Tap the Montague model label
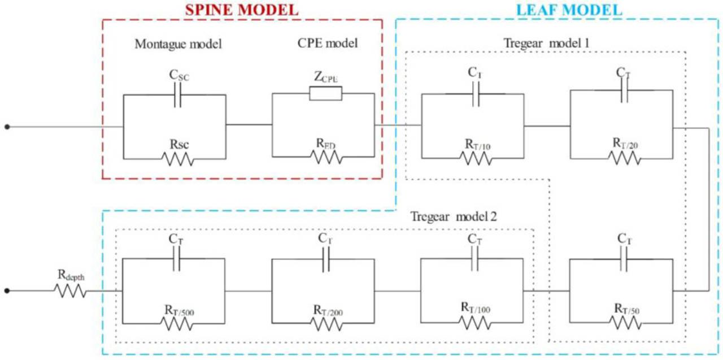(178, 44)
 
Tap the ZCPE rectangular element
(326, 93)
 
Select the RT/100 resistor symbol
(475, 322)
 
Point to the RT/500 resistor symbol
(177, 323)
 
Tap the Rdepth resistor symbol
(70, 291)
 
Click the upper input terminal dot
(7, 127)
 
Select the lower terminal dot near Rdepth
(7, 291)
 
